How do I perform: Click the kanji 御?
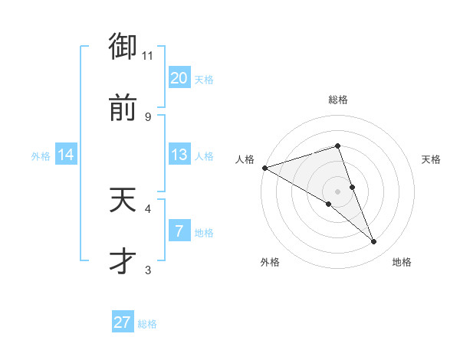coord(123,47)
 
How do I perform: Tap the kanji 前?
coord(123,108)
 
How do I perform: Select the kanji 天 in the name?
coord(123,201)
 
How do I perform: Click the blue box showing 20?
coord(179,78)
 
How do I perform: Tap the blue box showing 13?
coord(179,155)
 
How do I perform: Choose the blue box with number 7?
coord(179,231)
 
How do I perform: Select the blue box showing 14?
coord(66,155)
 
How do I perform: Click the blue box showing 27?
coord(123,322)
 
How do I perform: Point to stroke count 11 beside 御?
coord(148,56)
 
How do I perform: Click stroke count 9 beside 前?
coord(148,116)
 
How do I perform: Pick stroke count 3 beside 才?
coord(148,270)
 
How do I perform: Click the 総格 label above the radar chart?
coord(338,100)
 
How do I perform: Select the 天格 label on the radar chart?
coord(432,159)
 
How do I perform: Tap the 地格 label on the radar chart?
coord(402,262)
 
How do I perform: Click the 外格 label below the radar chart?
coord(270,262)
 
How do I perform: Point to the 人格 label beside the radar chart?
coord(245,159)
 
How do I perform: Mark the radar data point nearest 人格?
coord(264,168)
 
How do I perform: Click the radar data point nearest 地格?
coord(374,242)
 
